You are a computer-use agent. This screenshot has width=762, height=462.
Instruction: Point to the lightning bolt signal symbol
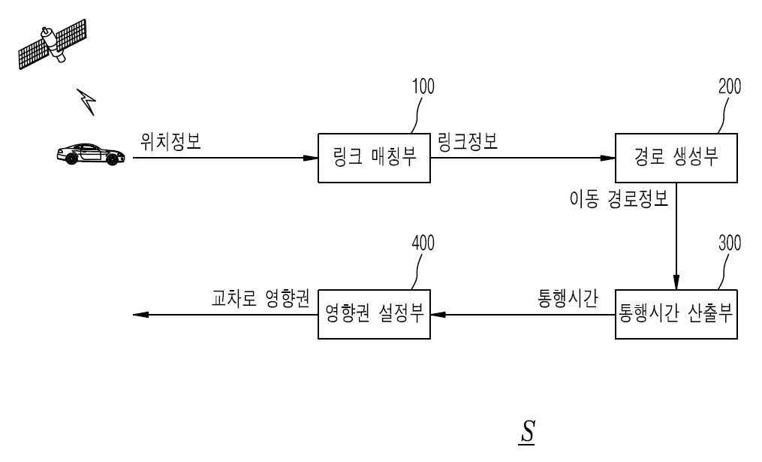[x=88, y=101]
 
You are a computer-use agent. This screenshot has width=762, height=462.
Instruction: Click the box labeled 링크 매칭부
[x=375, y=159]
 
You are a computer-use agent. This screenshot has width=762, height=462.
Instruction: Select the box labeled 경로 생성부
[x=675, y=159]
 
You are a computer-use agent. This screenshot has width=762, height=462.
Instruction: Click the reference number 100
[x=423, y=87]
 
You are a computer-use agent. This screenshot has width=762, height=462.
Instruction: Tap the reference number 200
[x=729, y=87]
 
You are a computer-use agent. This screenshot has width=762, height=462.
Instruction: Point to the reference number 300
[x=729, y=243]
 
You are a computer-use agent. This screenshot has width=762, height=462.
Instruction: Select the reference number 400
[x=423, y=243]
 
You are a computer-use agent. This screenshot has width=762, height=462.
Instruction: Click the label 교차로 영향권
[x=260, y=298]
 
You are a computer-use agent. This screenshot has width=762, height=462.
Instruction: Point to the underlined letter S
[x=527, y=433]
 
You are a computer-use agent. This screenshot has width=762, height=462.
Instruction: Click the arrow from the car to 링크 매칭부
[x=225, y=159]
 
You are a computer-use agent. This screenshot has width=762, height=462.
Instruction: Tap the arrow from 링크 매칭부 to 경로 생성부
[x=523, y=159]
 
